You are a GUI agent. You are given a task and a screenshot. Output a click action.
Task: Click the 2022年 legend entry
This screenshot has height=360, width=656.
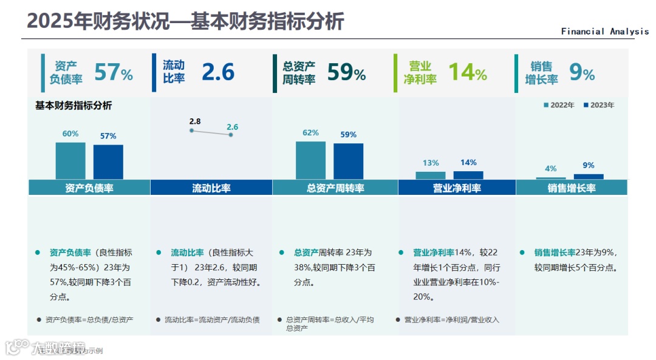558,105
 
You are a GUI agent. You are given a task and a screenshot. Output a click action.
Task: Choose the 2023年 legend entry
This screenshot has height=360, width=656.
598,105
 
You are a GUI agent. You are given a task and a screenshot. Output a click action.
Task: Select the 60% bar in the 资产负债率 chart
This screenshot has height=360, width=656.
70,160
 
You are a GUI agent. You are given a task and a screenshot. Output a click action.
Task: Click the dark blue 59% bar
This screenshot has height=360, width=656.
348,161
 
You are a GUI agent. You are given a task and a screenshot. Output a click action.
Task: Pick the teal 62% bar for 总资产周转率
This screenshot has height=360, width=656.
310,160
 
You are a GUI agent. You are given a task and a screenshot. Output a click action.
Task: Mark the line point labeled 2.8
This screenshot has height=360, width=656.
191,131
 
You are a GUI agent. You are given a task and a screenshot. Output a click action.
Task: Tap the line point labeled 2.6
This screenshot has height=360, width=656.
231,135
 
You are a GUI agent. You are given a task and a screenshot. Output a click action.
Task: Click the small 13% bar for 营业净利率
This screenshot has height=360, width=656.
431,175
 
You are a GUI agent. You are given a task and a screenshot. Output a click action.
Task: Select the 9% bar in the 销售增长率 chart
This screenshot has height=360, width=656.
589,176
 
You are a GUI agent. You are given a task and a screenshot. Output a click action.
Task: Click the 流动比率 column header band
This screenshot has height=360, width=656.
211,188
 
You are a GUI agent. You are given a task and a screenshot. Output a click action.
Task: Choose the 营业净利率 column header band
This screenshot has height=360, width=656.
457,188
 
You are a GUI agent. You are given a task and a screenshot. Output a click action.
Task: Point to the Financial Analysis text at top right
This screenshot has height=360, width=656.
604,32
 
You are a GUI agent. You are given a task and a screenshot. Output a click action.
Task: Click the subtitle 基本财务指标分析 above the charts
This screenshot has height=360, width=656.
73,106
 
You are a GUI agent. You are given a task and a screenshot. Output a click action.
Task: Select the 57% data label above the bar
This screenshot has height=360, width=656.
108,136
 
